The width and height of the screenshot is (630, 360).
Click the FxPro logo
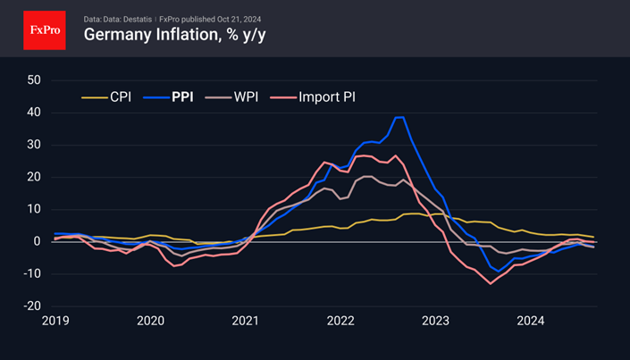[45, 29]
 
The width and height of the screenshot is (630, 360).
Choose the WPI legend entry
[234, 96]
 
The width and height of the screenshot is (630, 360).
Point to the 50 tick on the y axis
[34, 80]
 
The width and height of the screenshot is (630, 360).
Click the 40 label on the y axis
[34, 113]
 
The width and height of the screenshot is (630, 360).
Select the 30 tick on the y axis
[34, 145]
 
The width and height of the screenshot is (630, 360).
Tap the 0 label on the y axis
[38, 241]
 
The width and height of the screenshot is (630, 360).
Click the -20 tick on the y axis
[31, 306]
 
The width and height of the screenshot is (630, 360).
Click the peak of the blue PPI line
[399, 117]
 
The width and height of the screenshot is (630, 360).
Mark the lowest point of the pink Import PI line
[490, 283]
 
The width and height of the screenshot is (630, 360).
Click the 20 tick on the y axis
[34, 177]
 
